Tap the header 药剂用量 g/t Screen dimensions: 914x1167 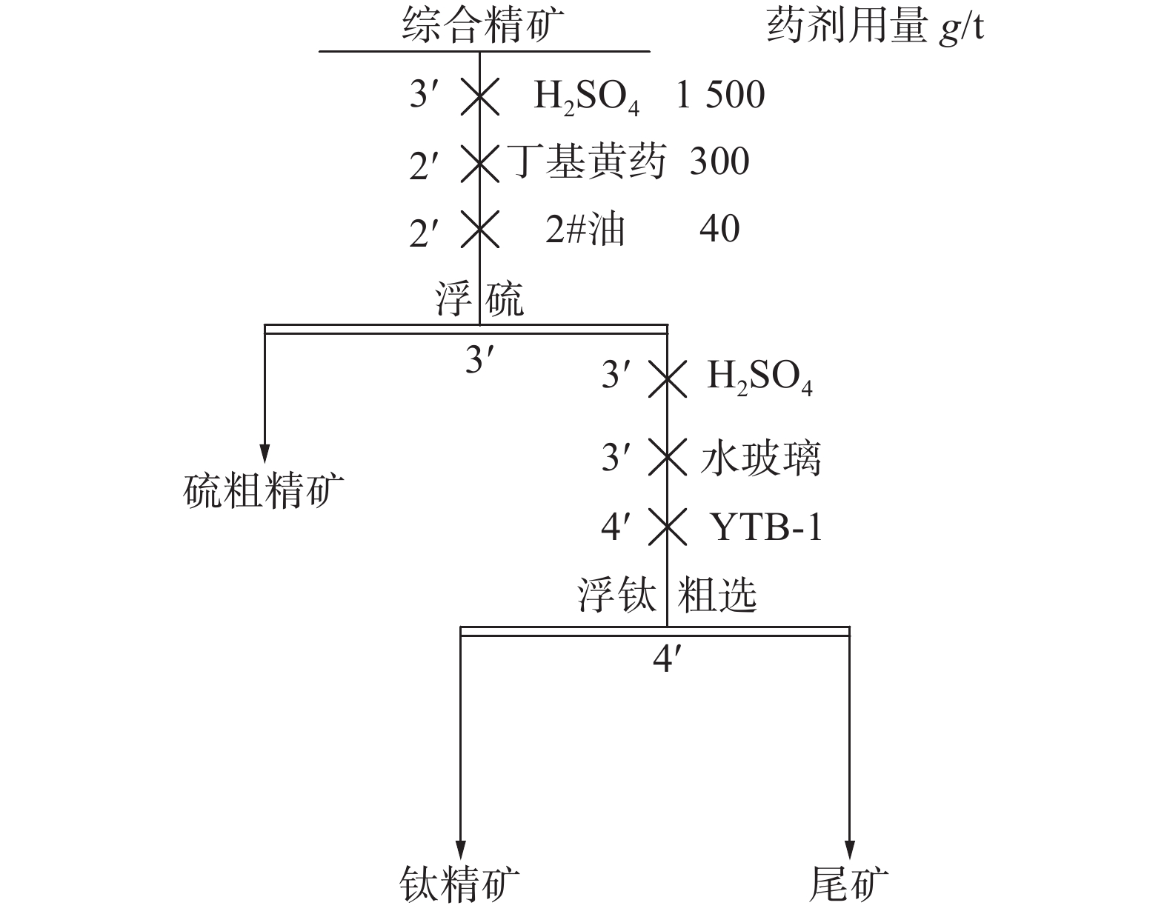875,29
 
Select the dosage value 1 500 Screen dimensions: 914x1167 720,96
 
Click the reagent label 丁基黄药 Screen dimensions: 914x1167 588,162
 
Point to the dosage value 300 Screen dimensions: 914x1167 719,161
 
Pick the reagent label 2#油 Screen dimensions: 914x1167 585,229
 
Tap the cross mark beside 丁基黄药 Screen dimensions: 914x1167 479,163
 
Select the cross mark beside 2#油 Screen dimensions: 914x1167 479,229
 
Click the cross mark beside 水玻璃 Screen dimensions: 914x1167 667,458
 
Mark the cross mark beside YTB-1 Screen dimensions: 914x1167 667,527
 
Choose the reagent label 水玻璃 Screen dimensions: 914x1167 760,458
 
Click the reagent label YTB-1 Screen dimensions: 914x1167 767,527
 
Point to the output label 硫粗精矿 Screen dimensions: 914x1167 264,491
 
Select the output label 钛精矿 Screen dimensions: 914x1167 459,884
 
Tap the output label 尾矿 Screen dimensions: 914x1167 849,884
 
